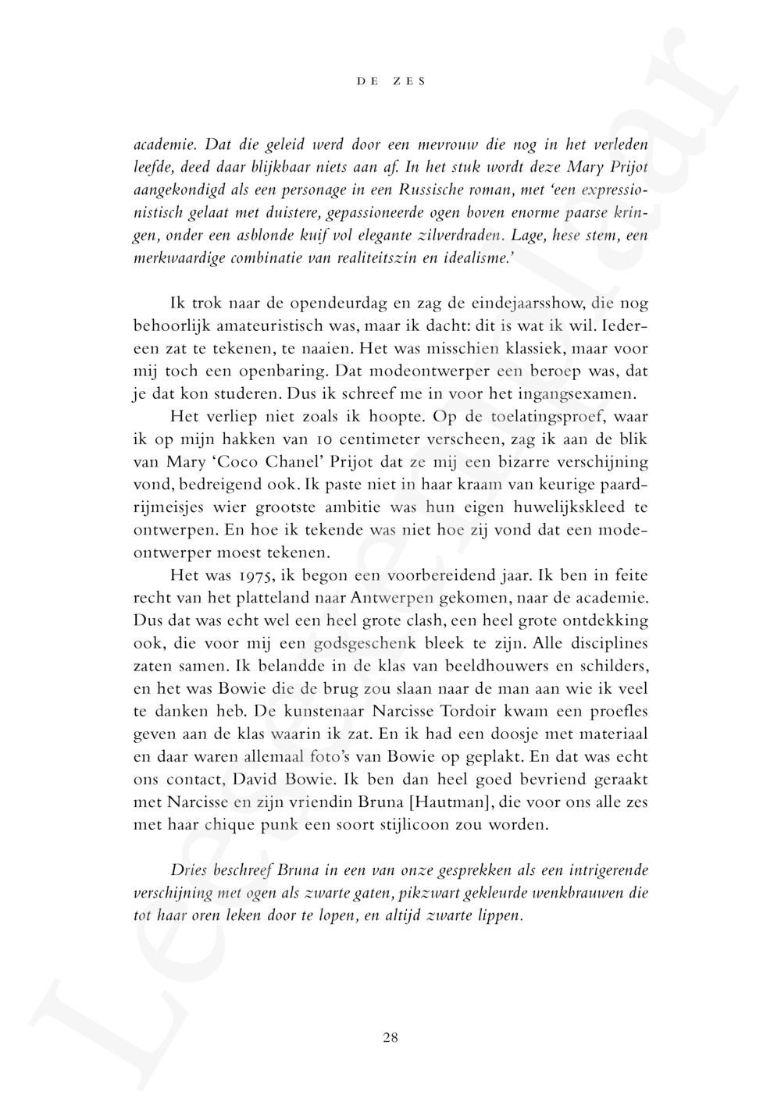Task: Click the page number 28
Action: point(390,1037)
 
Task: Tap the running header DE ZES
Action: point(390,81)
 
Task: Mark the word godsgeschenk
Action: point(366,644)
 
